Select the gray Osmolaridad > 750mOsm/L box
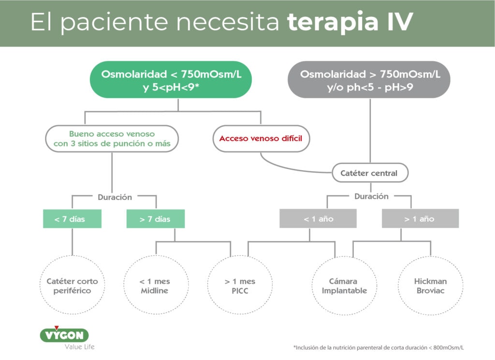pyautogui.click(x=370, y=80)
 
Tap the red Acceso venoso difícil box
pyautogui.click(x=261, y=139)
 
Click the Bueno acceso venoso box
pyautogui.click(x=112, y=139)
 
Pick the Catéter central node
pyautogui.click(x=370, y=173)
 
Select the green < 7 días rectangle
pyautogui.click(x=72, y=219)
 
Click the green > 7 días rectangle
pyautogui.click(x=155, y=219)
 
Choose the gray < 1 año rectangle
pyautogui.click(x=318, y=219)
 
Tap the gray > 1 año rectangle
pyautogui.click(x=420, y=219)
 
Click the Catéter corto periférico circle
pyautogui.click(x=72, y=286)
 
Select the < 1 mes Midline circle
pyautogui.click(x=154, y=286)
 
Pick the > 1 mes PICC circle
pyautogui.click(x=239, y=286)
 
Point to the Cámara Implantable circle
pyautogui.click(x=345, y=286)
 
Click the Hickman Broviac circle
pyautogui.click(x=430, y=286)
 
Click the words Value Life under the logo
pyautogui.click(x=80, y=346)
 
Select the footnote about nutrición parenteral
pyautogui.click(x=379, y=347)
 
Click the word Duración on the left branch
pyautogui.click(x=115, y=197)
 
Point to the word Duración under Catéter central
pyautogui.click(x=371, y=197)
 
